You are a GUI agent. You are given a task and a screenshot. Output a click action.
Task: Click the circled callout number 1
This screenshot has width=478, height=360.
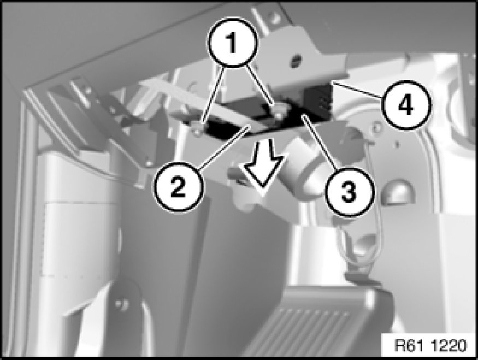[232, 42]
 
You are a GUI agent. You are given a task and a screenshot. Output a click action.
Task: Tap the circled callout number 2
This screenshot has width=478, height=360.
[178, 186]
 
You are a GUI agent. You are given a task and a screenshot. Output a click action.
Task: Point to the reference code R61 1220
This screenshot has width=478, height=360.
[430, 346]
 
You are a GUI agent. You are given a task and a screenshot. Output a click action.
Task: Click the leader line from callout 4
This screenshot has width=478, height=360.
[357, 89]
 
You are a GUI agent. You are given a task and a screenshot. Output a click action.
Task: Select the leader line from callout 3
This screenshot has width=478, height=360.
[320, 141]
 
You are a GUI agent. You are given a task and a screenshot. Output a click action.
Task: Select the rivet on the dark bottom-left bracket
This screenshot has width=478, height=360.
[123, 304]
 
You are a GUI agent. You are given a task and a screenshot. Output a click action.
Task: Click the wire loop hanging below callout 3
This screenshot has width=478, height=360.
[358, 250]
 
